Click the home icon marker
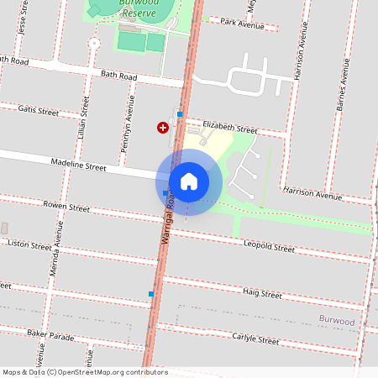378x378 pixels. [189, 181]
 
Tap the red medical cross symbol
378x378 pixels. [162, 128]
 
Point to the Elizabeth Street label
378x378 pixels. [230, 128]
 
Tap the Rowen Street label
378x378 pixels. [66, 207]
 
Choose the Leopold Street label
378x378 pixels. [269, 249]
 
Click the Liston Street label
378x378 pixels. [29, 245]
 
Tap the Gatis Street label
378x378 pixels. [39, 110]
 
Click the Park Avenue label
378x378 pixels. [242, 24]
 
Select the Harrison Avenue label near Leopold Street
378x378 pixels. [312, 196]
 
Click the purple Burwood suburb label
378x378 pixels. [337, 321]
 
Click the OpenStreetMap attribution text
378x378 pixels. [85, 372]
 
